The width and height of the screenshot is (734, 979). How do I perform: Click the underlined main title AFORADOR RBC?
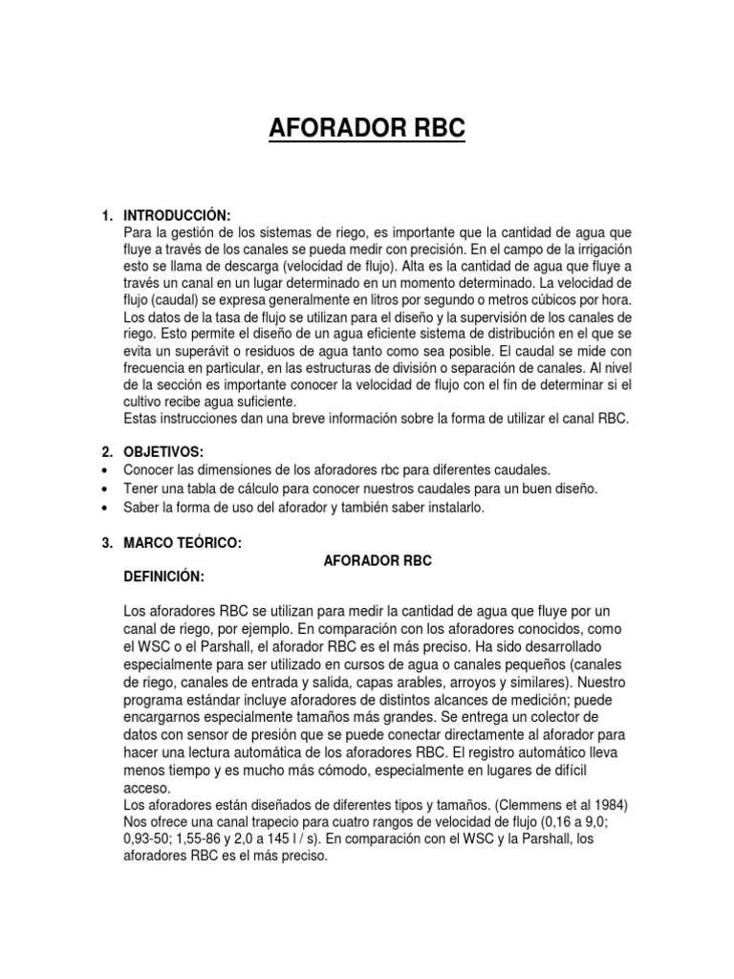[367, 127]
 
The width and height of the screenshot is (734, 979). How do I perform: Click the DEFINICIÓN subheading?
[163, 577]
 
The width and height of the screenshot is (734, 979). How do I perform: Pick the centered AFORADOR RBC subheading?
[374, 561]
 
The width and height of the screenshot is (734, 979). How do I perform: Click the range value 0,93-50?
[156, 840]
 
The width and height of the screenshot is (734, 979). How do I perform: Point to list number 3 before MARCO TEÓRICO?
[107, 543]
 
